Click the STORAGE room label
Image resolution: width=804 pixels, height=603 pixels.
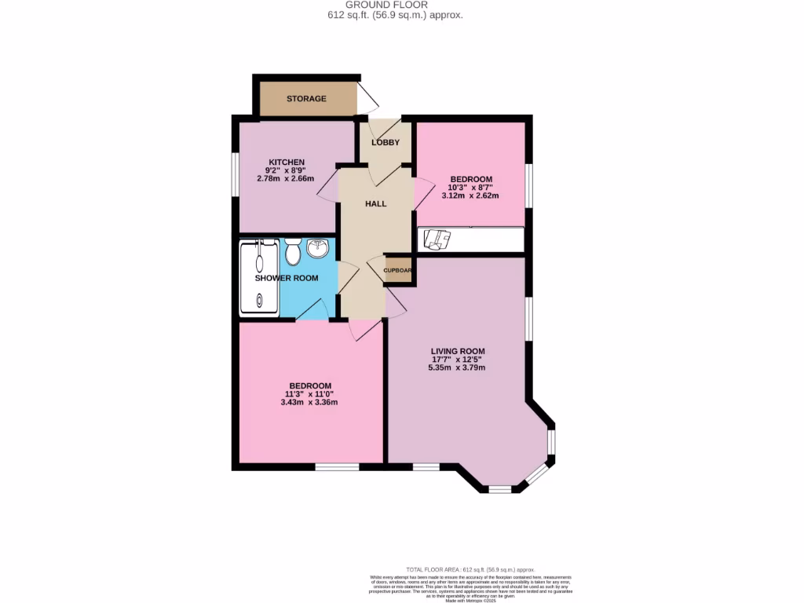pyautogui.click(x=306, y=99)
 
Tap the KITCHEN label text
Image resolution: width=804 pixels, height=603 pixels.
pyautogui.click(x=280, y=163)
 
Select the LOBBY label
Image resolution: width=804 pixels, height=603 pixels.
pyautogui.click(x=386, y=143)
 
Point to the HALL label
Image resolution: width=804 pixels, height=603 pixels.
pyautogui.click(x=376, y=204)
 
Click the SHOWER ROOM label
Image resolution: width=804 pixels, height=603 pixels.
pyautogui.click(x=287, y=279)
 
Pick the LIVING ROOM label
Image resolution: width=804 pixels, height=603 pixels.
pyautogui.click(x=457, y=351)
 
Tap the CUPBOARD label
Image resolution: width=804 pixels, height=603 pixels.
pyautogui.click(x=398, y=270)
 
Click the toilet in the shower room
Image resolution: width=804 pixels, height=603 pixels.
pyautogui.click(x=293, y=253)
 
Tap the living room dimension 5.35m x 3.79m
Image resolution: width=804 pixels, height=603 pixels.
pyautogui.click(x=457, y=367)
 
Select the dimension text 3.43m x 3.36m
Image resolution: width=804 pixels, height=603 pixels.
pyautogui.click(x=309, y=403)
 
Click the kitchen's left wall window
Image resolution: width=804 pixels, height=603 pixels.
pyautogui.click(x=235, y=173)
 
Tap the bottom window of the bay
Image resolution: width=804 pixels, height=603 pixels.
pyautogui.click(x=499, y=490)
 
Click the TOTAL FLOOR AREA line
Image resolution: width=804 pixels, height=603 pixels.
pyautogui.click(x=470, y=569)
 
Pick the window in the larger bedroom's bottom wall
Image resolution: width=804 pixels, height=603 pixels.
pyautogui.click(x=337, y=467)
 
